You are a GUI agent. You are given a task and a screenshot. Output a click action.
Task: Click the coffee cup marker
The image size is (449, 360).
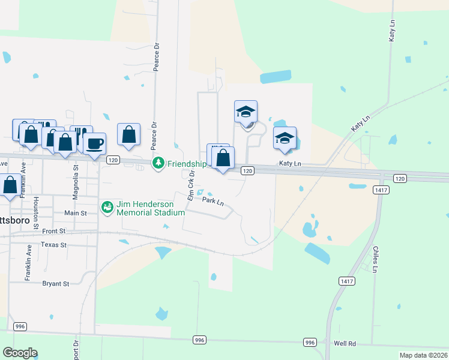[94, 144]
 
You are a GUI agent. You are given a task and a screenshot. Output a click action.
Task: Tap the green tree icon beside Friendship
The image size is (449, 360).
[158, 163]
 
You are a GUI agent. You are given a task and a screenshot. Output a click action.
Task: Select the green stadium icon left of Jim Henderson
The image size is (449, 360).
[107, 207]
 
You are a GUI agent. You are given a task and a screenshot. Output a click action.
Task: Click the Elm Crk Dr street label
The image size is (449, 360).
[191, 185]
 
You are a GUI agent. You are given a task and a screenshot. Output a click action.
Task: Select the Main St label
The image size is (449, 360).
[76, 213]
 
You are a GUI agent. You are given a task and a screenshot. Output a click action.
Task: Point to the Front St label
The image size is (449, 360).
[53, 230]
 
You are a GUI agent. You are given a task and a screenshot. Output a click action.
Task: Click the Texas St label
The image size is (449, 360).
[54, 245]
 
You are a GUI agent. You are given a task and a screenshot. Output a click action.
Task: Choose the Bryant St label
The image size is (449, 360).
[56, 283]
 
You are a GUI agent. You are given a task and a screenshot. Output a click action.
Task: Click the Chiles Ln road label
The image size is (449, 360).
[375, 259]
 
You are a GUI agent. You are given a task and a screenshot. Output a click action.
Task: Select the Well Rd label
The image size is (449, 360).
[345, 344]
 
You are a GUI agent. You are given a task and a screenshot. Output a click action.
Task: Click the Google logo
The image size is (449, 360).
[20, 353]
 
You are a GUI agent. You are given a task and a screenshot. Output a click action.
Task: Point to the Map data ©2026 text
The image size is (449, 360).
[423, 355]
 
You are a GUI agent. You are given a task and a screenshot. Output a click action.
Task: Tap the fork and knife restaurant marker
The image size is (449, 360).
[82, 136]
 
